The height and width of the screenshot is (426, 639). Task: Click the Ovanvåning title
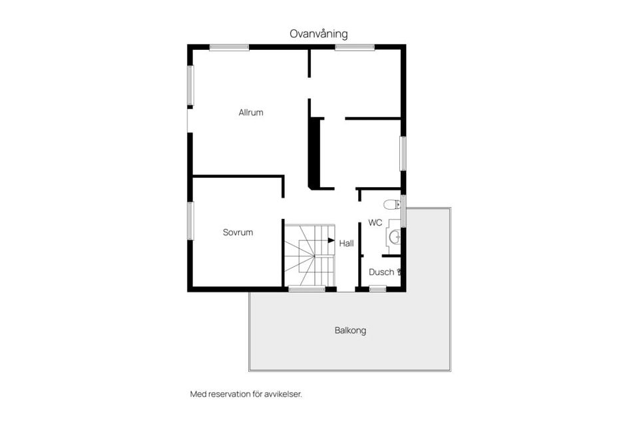[x=318, y=33]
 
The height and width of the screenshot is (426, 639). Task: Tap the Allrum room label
[x=251, y=112]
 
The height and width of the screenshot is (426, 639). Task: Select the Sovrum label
[x=238, y=232]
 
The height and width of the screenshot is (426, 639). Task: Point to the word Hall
[x=346, y=244]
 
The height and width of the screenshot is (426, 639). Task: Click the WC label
[x=375, y=223]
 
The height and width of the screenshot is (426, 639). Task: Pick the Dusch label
[x=381, y=272]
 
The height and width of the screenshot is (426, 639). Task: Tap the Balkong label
[x=351, y=330]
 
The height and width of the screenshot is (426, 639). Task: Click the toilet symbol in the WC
[x=391, y=204]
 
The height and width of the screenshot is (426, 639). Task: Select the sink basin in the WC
[x=395, y=236]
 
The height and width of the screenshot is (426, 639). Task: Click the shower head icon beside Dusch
[x=399, y=272]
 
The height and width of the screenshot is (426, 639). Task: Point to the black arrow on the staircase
[x=331, y=240]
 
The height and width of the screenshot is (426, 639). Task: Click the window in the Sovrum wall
[x=190, y=221]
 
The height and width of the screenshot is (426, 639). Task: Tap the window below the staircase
[x=307, y=289]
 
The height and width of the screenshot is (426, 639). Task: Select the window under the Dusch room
[x=377, y=289]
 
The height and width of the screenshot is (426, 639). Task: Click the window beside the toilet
[x=403, y=211]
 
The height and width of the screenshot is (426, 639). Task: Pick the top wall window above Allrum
[x=229, y=47]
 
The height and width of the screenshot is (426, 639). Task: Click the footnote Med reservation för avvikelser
[x=246, y=394]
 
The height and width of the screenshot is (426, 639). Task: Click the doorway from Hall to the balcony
[x=346, y=289]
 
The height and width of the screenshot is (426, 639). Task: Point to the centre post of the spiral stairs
[x=314, y=255]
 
